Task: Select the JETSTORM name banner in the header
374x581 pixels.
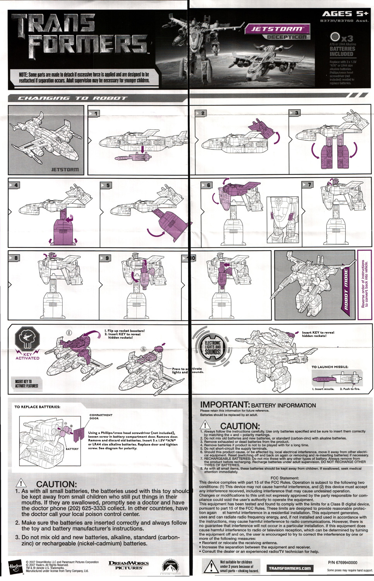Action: click(x=277, y=29)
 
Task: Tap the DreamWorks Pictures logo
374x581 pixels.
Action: click(x=129, y=565)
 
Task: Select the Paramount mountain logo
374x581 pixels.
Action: click(x=170, y=567)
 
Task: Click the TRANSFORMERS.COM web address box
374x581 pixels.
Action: click(x=290, y=568)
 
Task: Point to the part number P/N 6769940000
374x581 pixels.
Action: click(x=342, y=562)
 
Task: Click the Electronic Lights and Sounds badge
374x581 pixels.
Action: click(x=212, y=347)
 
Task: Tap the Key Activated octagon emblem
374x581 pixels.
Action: click(x=27, y=339)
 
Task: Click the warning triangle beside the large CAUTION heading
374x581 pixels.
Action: click(x=21, y=483)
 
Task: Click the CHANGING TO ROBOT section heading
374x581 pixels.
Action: click(x=72, y=98)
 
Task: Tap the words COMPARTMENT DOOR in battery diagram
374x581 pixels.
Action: click(x=101, y=416)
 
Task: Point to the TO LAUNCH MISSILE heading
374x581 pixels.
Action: click(x=329, y=367)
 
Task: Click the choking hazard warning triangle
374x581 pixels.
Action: click(x=211, y=566)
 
